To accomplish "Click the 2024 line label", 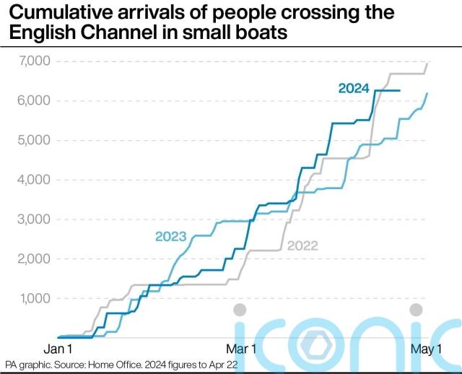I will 354,89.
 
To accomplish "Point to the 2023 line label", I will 170,237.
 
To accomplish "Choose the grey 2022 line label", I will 302,246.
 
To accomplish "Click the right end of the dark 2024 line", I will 399,90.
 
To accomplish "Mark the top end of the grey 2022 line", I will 427,64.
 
